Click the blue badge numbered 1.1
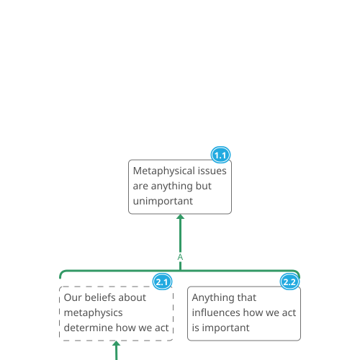(x=220, y=155)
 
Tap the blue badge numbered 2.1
(x=163, y=282)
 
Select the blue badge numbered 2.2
(x=289, y=282)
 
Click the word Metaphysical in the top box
(x=164, y=171)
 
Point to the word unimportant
(x=163, y=202)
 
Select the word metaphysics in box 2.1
(x=94, y=313)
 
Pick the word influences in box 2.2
(x=216, y=312)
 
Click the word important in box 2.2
(x=225, y=328)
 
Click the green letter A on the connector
(x=180, y=257)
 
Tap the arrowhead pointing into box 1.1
(x=181, y=217)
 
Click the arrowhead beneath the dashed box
(x=117, y=343)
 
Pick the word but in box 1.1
(x=204, y=186)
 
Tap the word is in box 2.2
(x=196, y=328)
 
